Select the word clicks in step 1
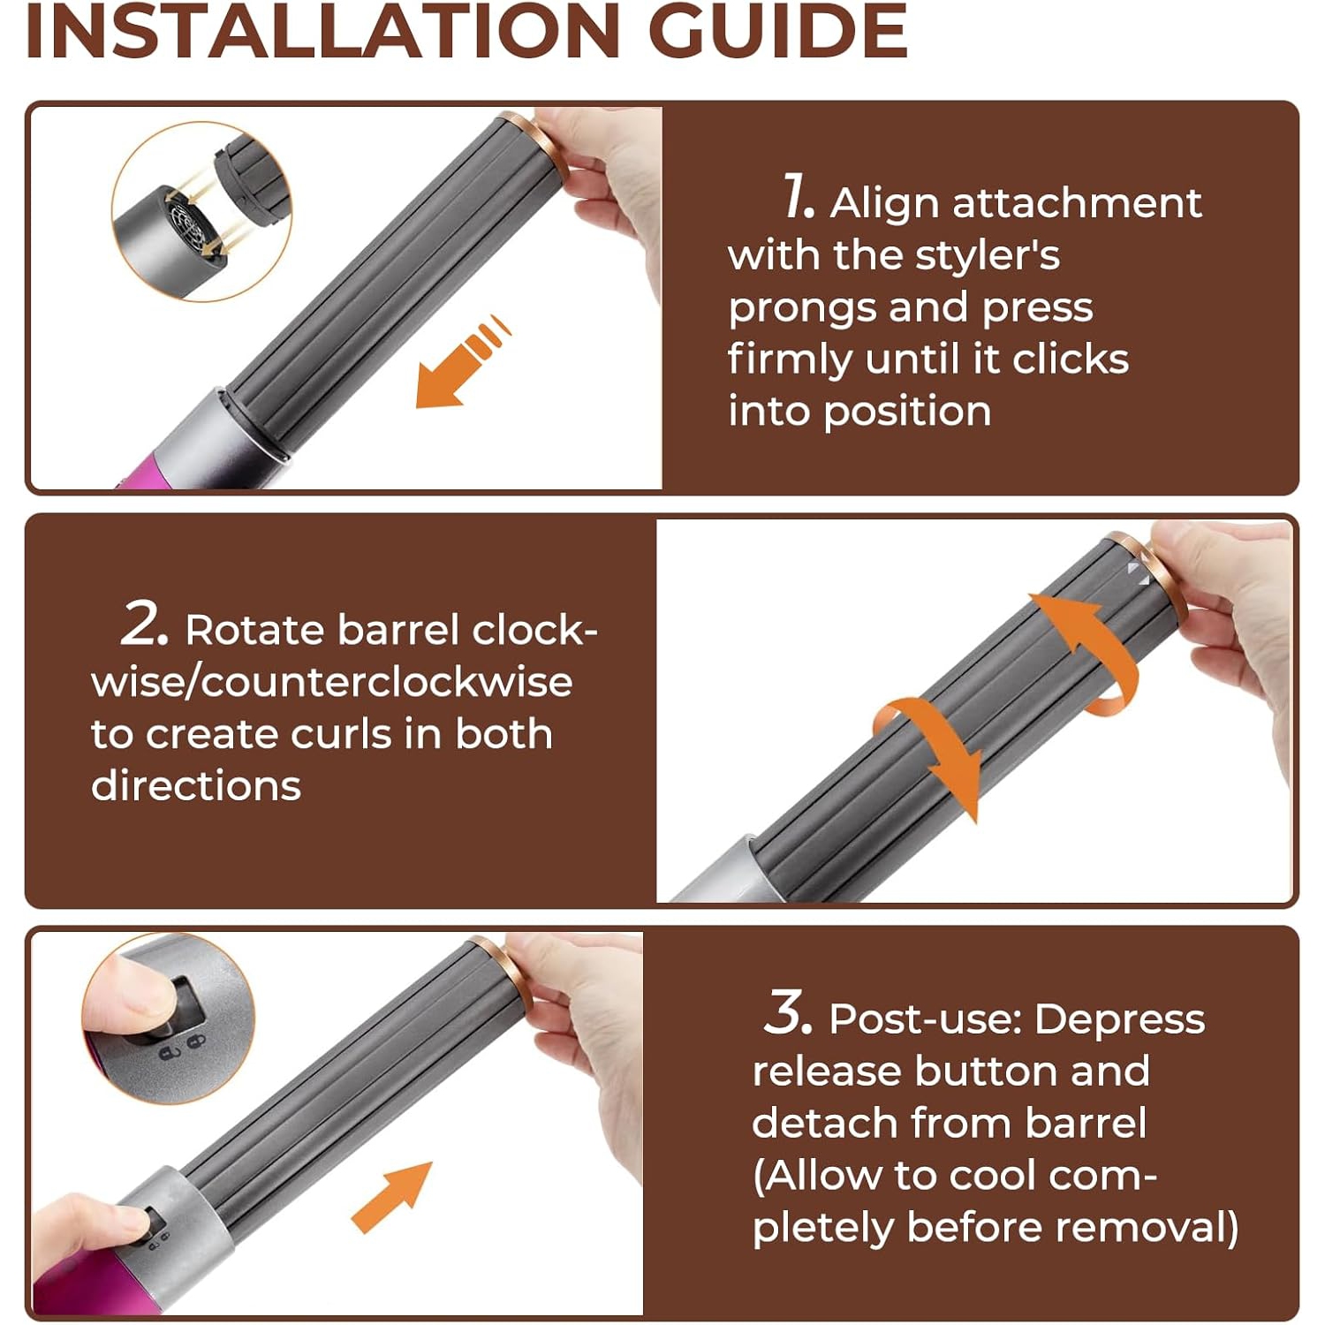1070,360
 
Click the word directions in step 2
196,786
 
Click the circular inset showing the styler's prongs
201,212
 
